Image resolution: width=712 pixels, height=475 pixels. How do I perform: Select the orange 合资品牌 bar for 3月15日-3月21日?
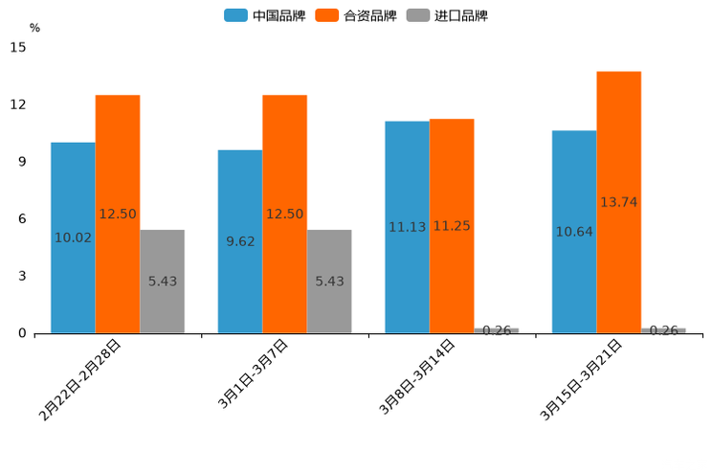pos(618,202)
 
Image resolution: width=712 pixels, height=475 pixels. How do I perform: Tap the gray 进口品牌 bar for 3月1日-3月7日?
pos(329,282)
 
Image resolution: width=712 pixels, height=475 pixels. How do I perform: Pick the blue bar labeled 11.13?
pos(407,227)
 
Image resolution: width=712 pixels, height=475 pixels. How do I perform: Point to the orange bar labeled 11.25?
pos(452,226)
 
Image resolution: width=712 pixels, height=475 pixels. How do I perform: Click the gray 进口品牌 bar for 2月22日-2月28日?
pos(162,282)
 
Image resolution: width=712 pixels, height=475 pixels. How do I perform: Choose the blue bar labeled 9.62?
pos(240,241)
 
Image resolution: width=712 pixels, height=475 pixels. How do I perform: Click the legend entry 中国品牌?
pos(264,15)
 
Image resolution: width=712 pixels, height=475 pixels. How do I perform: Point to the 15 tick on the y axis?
pos(18,47)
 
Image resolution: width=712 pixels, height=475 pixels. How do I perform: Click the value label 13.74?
pos(618,202)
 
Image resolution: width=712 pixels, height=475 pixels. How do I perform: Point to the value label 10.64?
pos(574,232)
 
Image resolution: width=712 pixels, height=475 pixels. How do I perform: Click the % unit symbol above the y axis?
pos(34,28)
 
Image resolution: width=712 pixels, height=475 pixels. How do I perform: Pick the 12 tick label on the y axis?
pos(18,104)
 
